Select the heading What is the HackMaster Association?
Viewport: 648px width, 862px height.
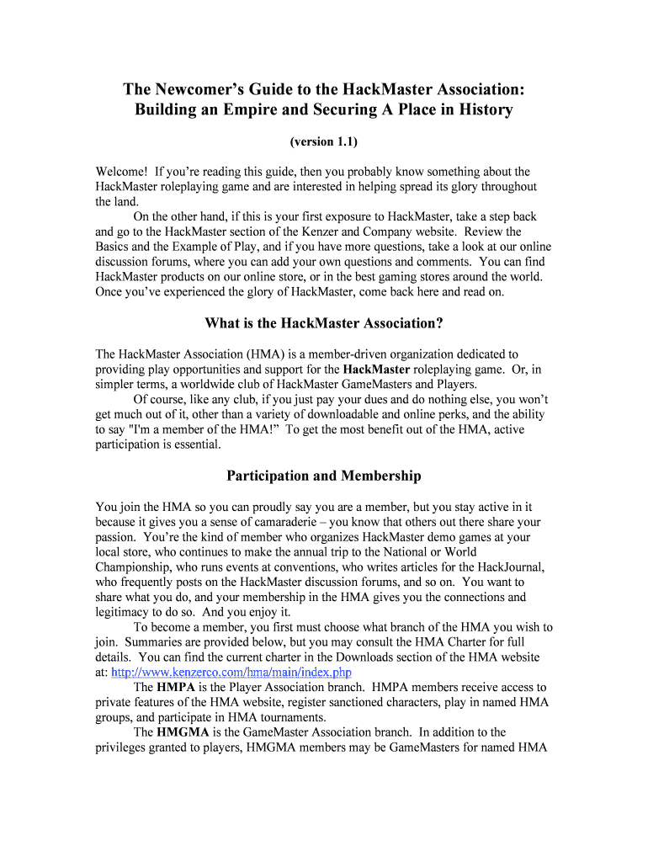click(324, 323)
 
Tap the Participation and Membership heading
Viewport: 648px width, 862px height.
click(324, 476)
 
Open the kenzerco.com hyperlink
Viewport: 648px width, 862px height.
click(231, 672)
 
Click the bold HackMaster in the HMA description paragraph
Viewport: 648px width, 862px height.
click(377, 369)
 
